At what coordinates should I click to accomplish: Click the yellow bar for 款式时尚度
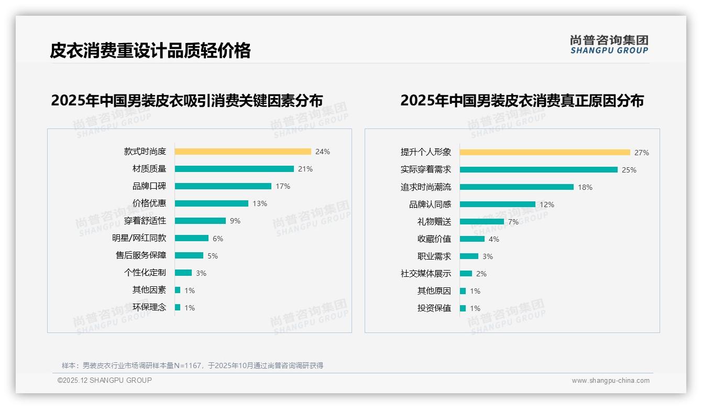pos(243,152)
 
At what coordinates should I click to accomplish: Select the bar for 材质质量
pos(234,169)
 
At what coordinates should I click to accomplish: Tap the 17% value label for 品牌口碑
pos(283,186)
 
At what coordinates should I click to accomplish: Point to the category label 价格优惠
pos(149,203)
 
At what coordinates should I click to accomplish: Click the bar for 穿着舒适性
pos(200,221)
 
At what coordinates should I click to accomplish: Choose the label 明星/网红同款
pos(139,238)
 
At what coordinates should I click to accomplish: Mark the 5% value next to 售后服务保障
pos(213,256)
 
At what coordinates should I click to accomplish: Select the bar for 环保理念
pos(178,307)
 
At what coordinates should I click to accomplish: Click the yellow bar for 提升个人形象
pos(545,153)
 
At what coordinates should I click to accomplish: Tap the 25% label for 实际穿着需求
pos(629,170)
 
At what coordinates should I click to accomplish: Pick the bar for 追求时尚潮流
pos(517,187)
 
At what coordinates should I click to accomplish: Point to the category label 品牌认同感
pos(430,204)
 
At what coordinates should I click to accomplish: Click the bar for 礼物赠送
pos(482,222)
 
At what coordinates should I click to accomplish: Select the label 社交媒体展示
pos(426,274)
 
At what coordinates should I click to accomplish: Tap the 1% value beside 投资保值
pos(475,308)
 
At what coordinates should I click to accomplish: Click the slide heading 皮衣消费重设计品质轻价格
pos(150,50)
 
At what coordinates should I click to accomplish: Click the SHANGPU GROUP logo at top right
pos(609,45)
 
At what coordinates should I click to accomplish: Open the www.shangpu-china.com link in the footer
pos(610,381)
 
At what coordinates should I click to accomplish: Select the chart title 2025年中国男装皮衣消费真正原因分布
pos(522,100)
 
